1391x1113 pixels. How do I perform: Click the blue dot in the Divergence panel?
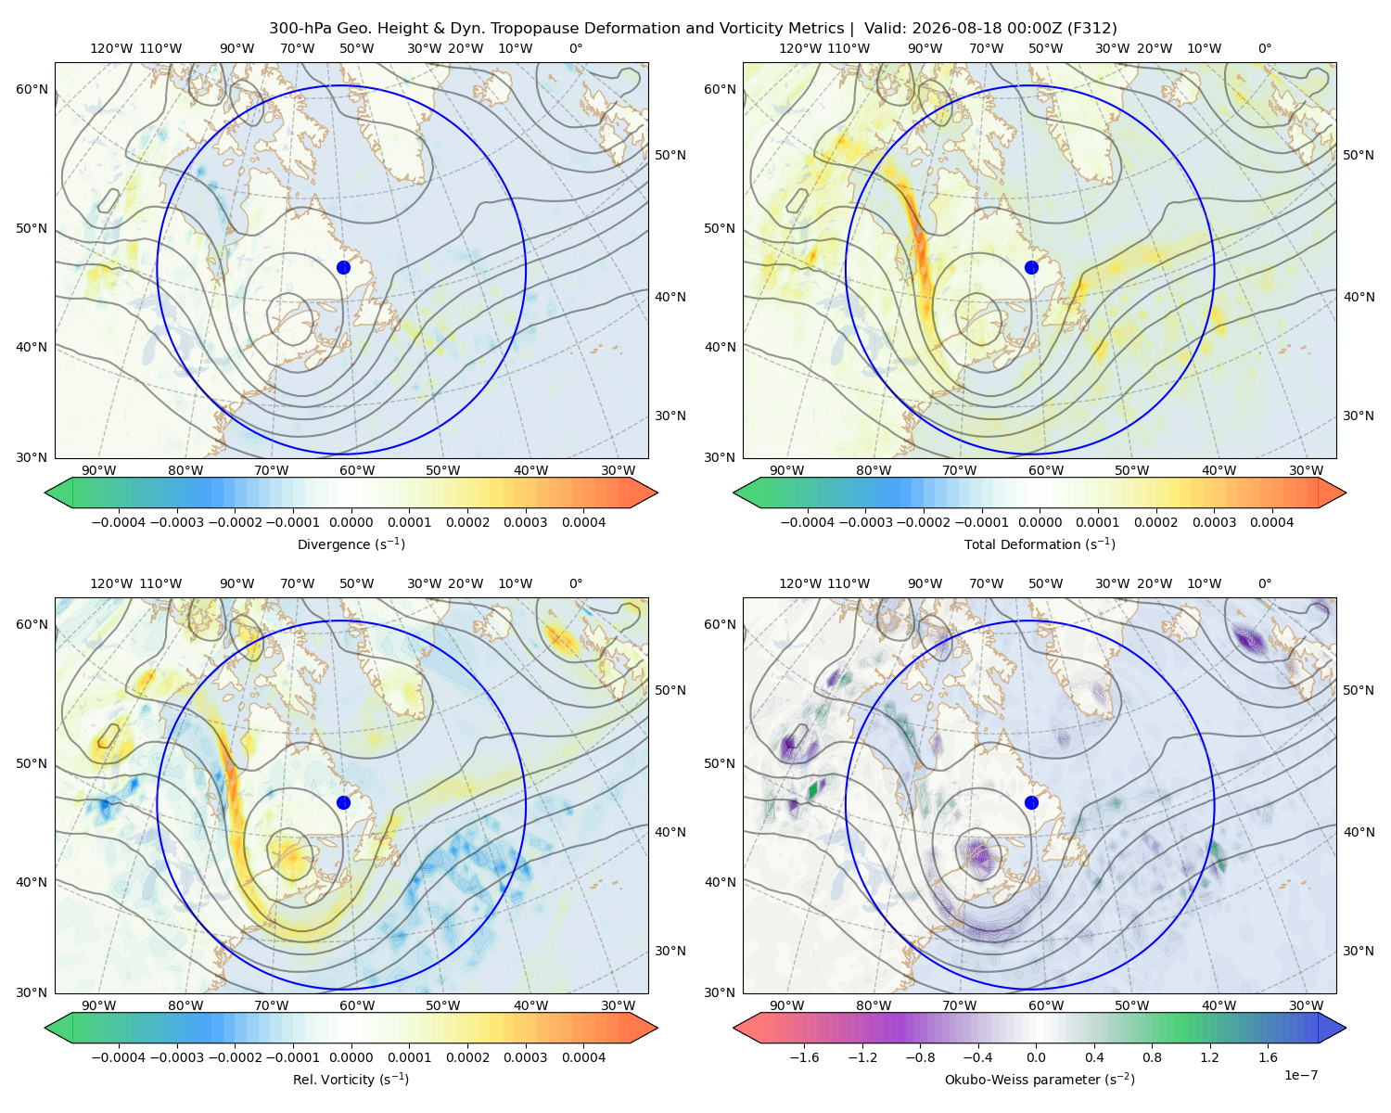(343, 267)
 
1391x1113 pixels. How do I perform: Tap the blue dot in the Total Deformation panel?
(1031, 267)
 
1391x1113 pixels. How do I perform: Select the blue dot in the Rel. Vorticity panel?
(343, 802)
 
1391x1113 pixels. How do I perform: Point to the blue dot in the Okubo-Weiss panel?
(1031, 802)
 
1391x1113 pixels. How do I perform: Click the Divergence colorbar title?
(351, 544)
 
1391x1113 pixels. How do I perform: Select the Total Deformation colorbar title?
(1040, 544)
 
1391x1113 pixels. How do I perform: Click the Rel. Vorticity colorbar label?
(351, 1079)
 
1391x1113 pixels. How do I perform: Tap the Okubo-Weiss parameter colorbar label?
(1040, 1079)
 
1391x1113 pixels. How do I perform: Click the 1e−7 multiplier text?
(1300, 1075)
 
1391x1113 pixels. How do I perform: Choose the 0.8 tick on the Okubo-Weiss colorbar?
(1152, 1057)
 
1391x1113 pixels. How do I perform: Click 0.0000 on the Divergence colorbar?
(351, 522)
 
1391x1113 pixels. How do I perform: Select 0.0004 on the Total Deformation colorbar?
(1271, 522)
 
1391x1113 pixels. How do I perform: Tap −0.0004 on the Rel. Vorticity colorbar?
(119, 1057)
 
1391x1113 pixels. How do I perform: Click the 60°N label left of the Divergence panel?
(32, 89)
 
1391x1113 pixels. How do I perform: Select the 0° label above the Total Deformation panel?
(1264, 48)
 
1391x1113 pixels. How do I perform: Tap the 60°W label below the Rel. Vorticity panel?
(357, 1005)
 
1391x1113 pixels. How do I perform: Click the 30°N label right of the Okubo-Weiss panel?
(1359, 951)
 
